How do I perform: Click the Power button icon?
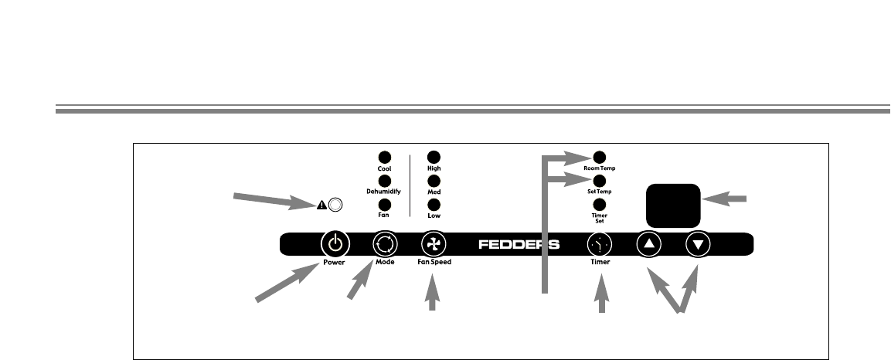click(x=335, y=245)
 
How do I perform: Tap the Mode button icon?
click(x=385, y=245)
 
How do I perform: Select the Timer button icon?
click(x=600, y=245)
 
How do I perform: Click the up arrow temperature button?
click(x=649, y=245)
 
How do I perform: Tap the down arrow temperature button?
click(x=699, y=245)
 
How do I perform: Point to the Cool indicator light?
click(x=384, y=157)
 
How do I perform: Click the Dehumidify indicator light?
click(x=384, y=181)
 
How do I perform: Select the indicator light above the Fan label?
click(x=384, y=205)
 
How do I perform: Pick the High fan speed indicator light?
click(x=434, y=157)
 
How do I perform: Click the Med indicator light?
click(x=434, y=181)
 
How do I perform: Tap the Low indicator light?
click(x=434, y=205)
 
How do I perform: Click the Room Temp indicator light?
click(x=599, y=157)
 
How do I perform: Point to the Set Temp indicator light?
click(x=599, y=181)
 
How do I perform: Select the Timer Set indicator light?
click(x=599, y=205)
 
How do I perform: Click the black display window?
click(x=673, y=202)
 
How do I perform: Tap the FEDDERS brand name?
click(x=519, y=245)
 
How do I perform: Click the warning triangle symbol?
click(x=321, y=205)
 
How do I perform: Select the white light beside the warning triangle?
click(x=335, y=205)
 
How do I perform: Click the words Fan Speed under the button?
click(x=434, y=263)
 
